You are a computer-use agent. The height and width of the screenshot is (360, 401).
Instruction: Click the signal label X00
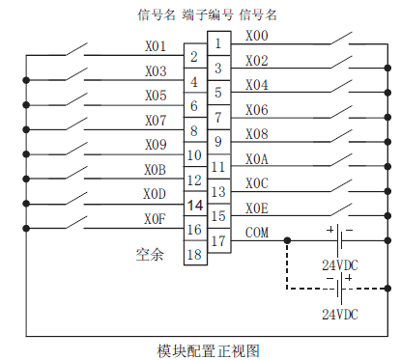tap(258, 36)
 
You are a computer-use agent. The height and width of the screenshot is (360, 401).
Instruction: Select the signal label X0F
tap(156, 219)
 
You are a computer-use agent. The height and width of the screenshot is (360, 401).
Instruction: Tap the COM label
tap(258, 233)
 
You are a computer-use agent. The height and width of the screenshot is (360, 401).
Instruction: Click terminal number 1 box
tap(219, 43)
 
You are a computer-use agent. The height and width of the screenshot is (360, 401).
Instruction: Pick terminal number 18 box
tap(193, 255)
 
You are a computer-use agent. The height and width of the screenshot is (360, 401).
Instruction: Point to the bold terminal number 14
tap(193, 205)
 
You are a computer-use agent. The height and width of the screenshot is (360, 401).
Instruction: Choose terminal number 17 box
tap(219, 241)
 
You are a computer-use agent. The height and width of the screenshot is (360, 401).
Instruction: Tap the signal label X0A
tap(258, 159)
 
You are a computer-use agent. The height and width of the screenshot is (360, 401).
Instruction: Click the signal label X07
tap(156, 121)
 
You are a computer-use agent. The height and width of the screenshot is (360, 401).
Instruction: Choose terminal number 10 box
tap(193, 154)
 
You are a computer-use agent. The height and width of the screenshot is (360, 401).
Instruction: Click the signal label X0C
tap(258, 183)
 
